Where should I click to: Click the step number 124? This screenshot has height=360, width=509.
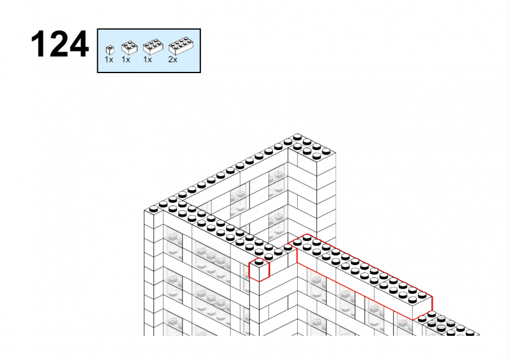60,44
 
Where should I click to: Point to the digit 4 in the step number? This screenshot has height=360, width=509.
80,44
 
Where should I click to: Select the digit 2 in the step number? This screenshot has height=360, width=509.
59,44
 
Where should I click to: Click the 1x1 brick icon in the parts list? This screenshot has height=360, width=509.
110,50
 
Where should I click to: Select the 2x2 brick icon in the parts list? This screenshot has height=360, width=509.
129,48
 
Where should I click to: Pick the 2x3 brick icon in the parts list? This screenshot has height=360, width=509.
153,47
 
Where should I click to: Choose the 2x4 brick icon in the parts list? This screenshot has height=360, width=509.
181,46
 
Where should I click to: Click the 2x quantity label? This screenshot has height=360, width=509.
172,60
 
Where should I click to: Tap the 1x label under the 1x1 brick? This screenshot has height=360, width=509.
109,60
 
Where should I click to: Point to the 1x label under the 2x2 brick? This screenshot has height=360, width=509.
125,60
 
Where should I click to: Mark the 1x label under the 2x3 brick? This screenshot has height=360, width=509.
148,60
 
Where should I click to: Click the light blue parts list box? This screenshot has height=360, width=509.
149,51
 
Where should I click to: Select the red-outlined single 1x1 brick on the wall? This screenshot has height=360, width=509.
259,270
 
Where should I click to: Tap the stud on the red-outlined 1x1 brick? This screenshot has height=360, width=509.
259,261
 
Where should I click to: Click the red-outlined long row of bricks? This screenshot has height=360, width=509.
360,276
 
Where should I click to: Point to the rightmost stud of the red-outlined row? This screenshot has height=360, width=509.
422,295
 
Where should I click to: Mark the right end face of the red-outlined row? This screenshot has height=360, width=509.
422,308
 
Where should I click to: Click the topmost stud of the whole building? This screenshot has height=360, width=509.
297,137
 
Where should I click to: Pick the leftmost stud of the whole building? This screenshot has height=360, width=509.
153,209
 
